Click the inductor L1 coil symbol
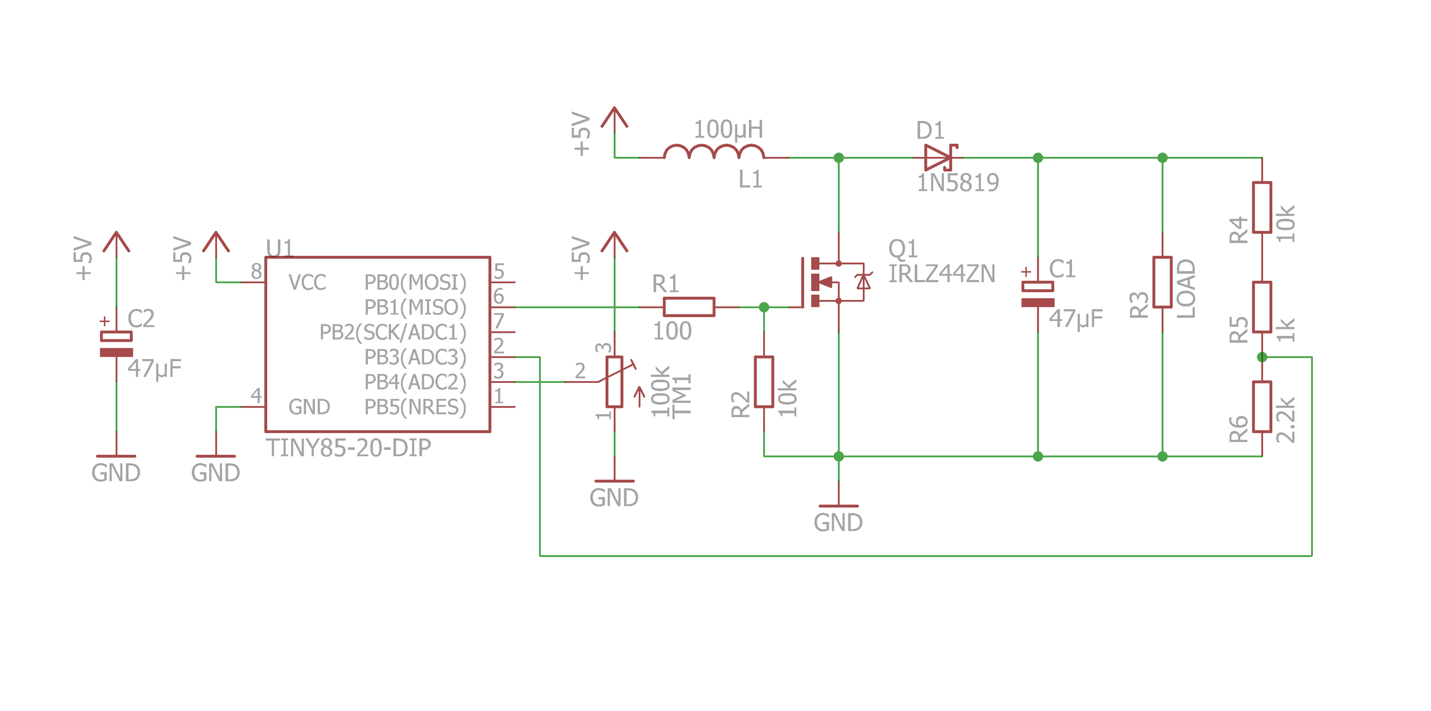pos(714,152)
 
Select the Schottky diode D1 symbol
pos(939,158)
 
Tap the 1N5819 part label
pos(958,183)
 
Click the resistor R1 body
pos(689,307)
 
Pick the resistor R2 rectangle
pos(764,382)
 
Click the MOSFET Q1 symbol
pos(829,282)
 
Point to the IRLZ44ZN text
pos(941,274)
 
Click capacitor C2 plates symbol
pos(116,344)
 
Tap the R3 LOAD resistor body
pos(1162,282)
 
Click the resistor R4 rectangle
pos(1262,208)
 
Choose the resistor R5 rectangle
pos(1262,307)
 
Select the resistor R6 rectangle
pos(1262,407)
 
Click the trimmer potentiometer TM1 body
pos(614,382)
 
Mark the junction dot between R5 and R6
pos(1262,357)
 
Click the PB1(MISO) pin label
pos(415,308)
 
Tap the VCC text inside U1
pos(307,283)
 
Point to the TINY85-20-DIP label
pos(348,448)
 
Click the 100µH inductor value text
pos(728,129)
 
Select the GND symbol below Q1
pos(838,516)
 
